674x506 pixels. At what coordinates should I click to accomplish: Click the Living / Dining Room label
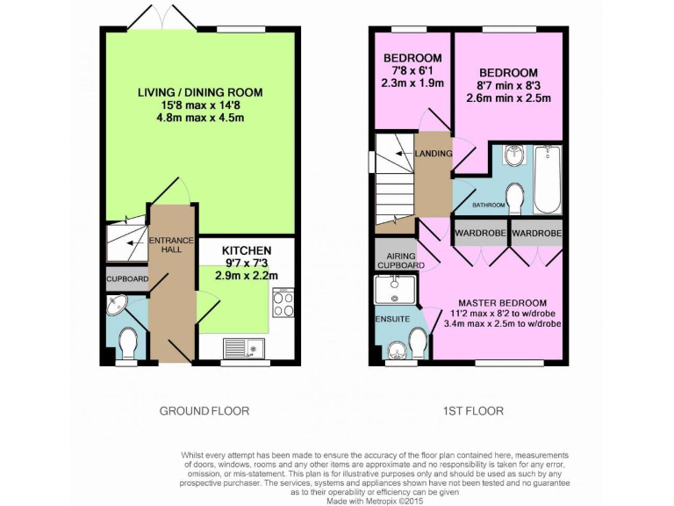pyautogui.click(x=199, y=92)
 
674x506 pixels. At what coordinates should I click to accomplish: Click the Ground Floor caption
pyautogui.click(x=204, y=410)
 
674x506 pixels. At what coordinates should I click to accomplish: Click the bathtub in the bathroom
pyautogui.click(x=547, y=180)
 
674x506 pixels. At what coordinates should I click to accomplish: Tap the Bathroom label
pyautogui.click(x=489, y=206)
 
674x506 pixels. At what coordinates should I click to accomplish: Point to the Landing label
pyautogui.click(x=434, y=155)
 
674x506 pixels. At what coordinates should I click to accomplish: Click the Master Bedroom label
pyautogui.click(x=503, y=302)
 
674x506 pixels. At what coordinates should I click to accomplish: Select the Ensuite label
pyautogui.click(x=392, y=318)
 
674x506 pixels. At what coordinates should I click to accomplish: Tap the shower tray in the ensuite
pyautogui.click(x=394, y=290)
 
